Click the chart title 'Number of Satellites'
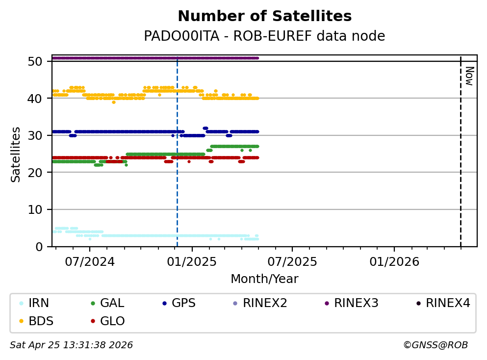264,17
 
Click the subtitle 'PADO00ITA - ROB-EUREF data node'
264,36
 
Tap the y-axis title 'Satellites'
16,154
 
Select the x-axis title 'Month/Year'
264,279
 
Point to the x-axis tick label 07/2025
292,262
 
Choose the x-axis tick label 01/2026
394,262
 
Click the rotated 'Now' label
469,76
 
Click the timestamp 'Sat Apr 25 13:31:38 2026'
72,345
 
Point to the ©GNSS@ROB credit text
436,345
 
